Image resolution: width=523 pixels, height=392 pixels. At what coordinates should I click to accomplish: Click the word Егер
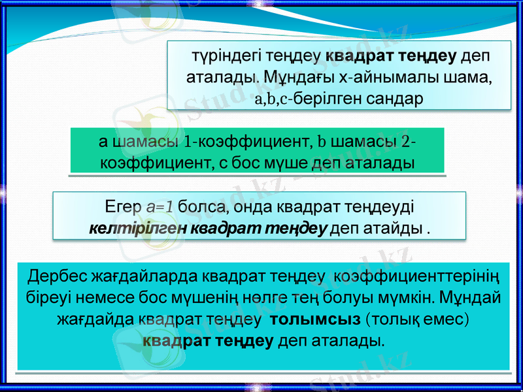124,207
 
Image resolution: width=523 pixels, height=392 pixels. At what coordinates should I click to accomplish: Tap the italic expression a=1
160,207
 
